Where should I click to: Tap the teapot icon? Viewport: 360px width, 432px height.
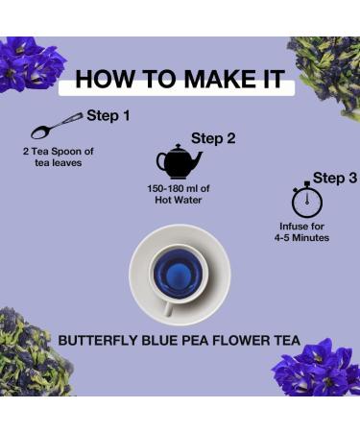pos(178,161)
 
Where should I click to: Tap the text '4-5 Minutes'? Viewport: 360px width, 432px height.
pos(304,237)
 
